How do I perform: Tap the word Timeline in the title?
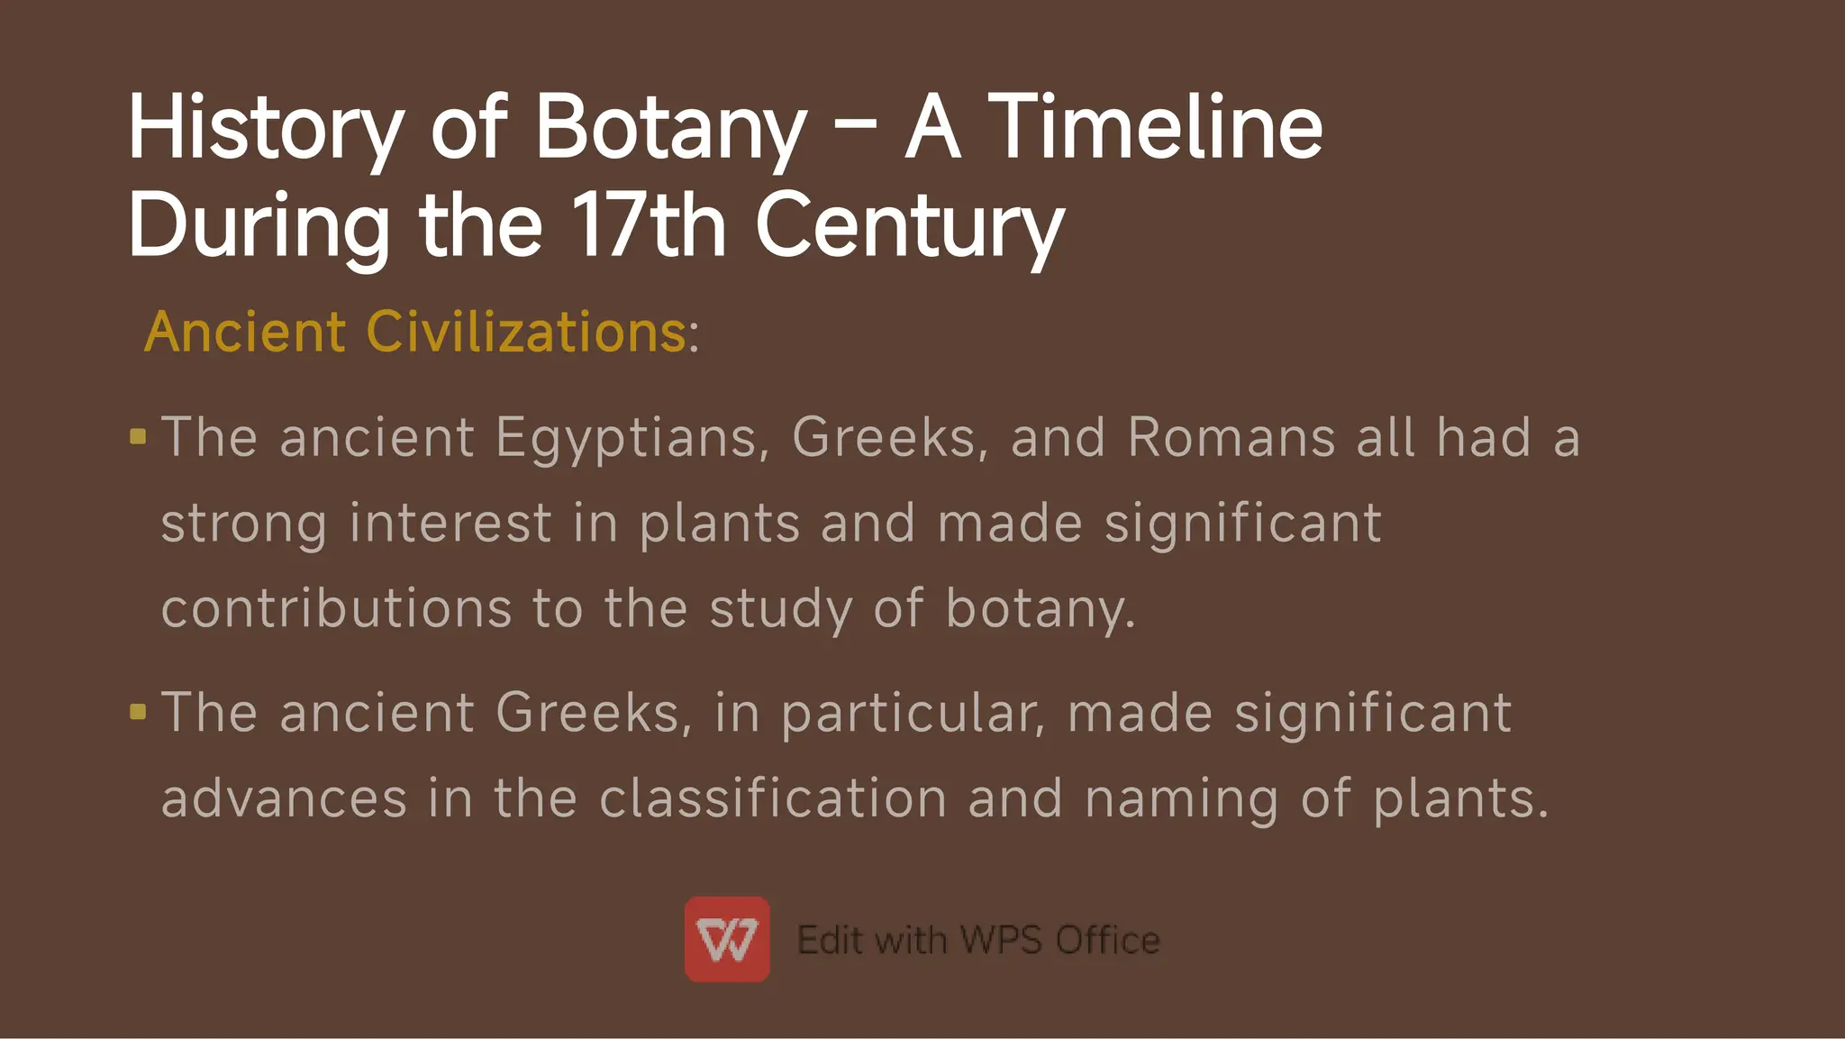(1155, 128)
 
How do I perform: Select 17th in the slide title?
(649, 225)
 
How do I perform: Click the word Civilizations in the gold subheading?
(526, 332)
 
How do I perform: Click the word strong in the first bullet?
(243, 524)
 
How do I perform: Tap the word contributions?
(335, 608)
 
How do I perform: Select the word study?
(780, 609)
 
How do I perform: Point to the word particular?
(912, 714)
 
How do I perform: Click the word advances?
(284, 799)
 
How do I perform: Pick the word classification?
(773, 799)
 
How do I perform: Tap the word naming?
(1181, 799)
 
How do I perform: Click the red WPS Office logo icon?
(727, 939)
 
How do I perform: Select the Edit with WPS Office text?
(978, 940)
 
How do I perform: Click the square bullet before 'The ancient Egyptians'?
(138, 437)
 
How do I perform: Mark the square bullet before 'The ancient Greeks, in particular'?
(138, 712)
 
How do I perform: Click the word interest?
(450, 524)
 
